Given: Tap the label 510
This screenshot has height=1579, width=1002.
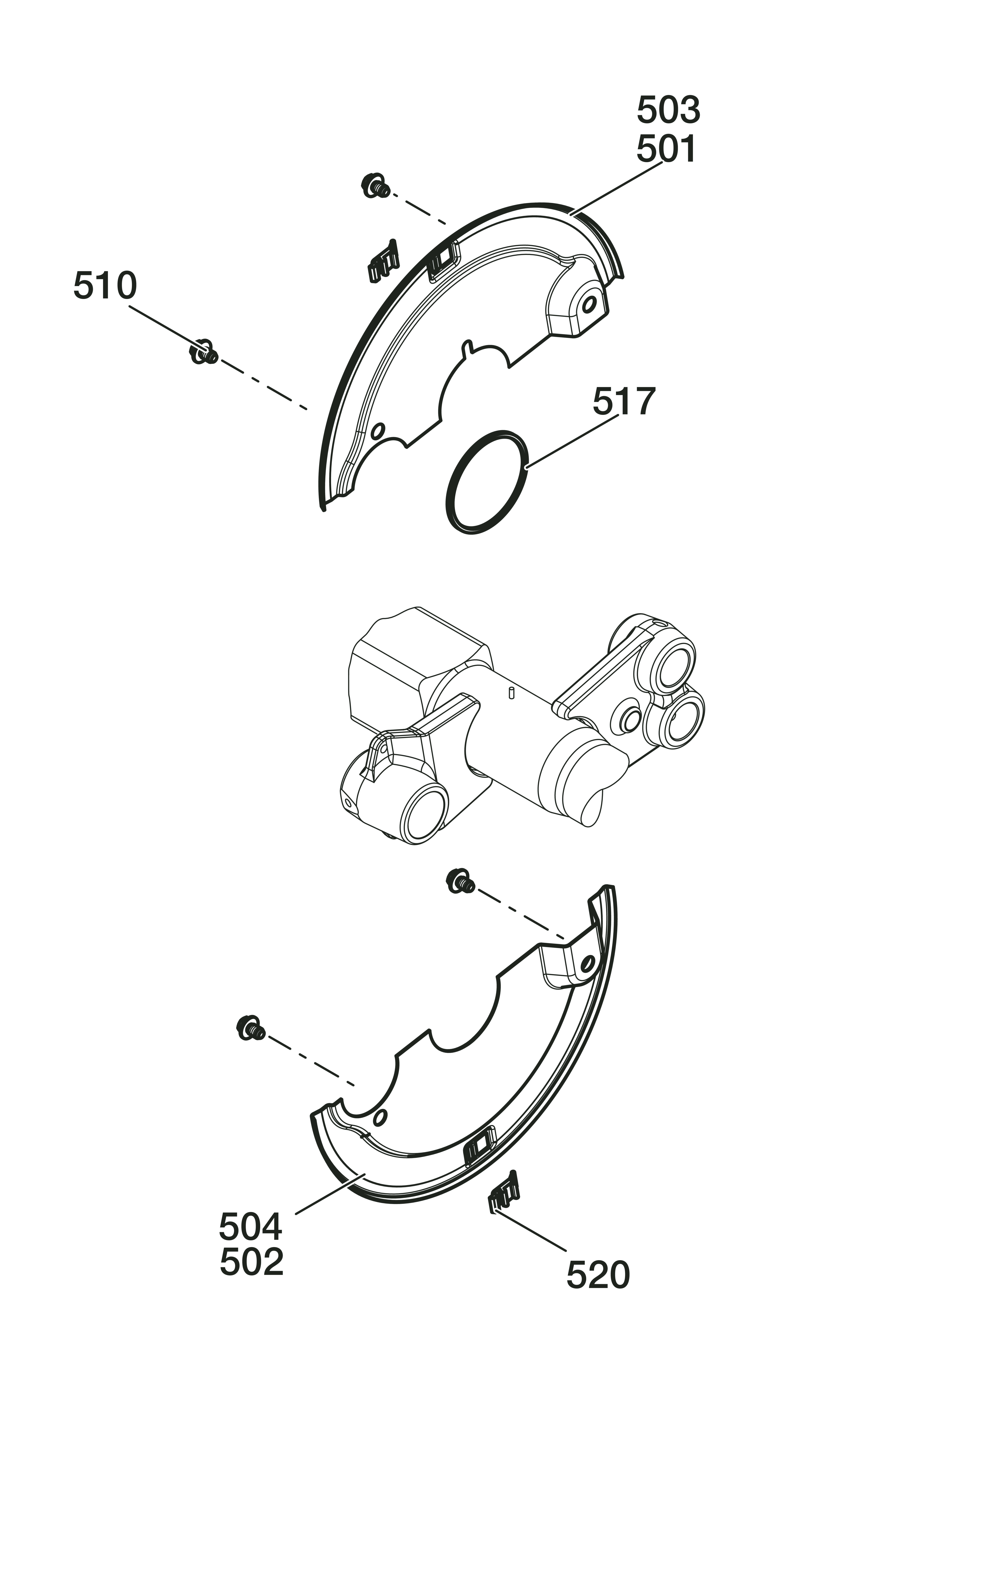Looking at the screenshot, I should (105, 286).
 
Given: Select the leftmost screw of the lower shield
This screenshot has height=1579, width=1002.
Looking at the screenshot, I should (251, 1028).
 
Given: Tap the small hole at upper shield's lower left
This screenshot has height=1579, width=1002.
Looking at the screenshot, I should (377, 431).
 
